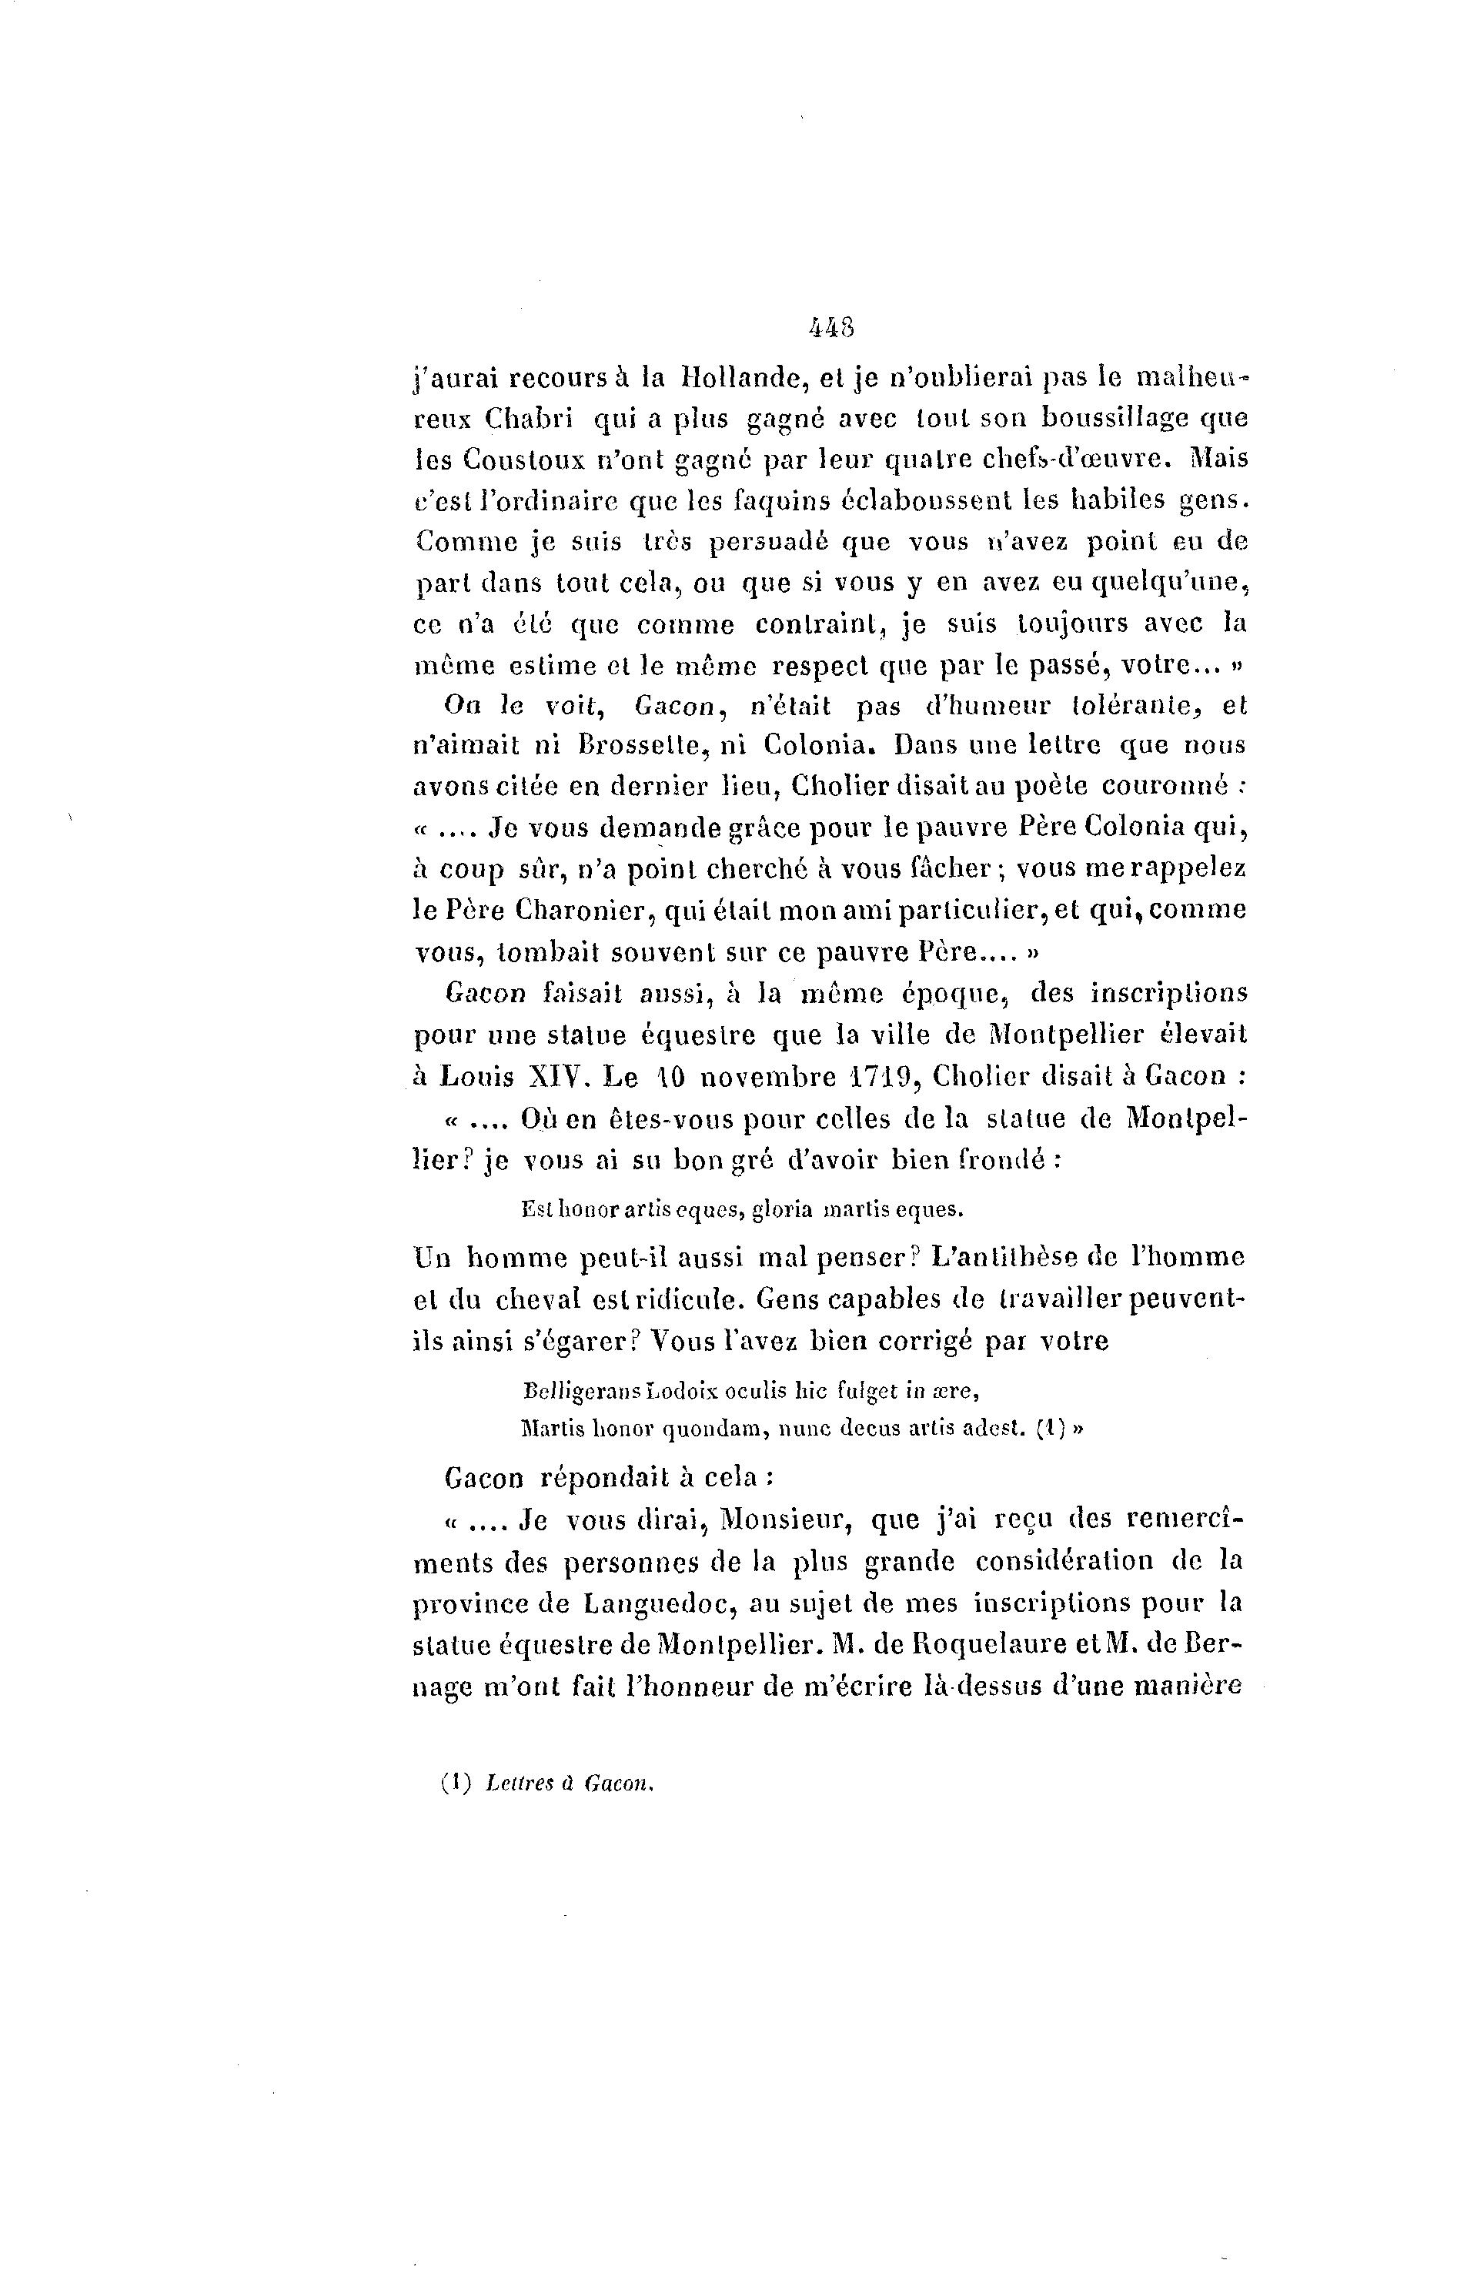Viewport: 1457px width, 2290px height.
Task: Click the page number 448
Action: tap(831, 328)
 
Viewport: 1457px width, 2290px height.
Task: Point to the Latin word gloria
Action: tap(782, 1211)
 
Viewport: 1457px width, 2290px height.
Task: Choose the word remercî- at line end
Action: tap(1184, 1519)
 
